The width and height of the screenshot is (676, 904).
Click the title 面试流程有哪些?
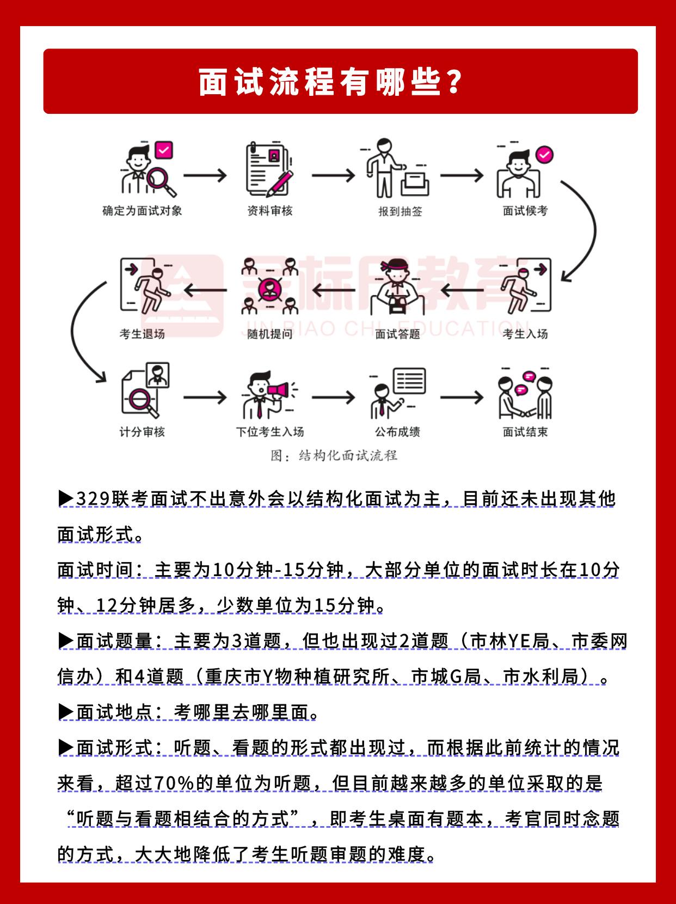click(331, 82)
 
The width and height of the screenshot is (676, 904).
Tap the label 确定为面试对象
click(142, 211)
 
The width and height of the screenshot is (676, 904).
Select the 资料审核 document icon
click(269, 169)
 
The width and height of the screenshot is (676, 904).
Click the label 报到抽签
click(400, 211)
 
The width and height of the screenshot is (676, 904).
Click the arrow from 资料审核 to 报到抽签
click(333, 175)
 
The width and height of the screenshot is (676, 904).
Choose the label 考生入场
click(525, 334)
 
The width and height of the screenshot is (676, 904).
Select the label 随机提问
click(269, 334)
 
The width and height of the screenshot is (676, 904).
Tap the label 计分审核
click(142, 432)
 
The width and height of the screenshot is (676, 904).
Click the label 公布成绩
click(397, 432)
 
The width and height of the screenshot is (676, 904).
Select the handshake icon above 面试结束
click(525, 394)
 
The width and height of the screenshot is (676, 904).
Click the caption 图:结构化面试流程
click(334, 455)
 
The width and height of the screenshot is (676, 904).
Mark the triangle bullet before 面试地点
click(66, 712)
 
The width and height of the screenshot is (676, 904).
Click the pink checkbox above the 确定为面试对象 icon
click(164, 150)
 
